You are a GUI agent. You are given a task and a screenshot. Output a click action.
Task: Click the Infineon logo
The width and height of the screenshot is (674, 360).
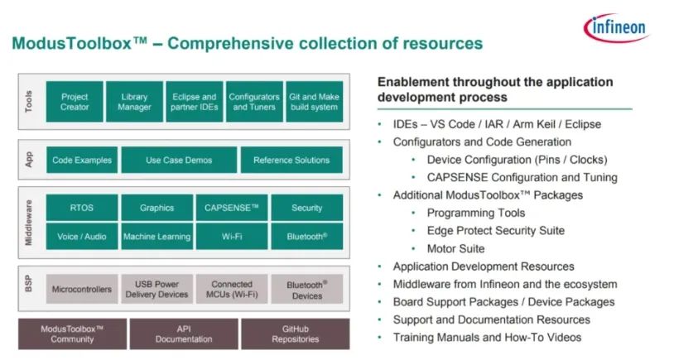coord(616,27)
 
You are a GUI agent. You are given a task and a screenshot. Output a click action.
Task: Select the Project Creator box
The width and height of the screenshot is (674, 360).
coord(75,102)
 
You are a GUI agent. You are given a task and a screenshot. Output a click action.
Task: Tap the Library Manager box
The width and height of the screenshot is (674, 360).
coord(134,102)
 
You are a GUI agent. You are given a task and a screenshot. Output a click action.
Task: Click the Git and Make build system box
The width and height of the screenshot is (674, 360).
coord(314,102)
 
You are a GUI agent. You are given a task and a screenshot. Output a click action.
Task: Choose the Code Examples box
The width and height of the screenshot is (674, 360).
coord(82,160)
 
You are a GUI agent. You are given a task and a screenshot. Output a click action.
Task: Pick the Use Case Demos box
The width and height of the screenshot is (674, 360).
coord(179,160)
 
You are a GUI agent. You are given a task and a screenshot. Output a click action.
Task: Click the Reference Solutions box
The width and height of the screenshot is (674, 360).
coord(291,160)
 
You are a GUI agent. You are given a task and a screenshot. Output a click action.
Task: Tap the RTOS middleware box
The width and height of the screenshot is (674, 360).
coord(82,208)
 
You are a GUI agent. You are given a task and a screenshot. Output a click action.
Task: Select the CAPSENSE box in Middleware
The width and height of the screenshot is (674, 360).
coord(232,208)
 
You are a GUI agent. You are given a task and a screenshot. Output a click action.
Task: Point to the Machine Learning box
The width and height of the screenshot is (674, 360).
coord(156,237)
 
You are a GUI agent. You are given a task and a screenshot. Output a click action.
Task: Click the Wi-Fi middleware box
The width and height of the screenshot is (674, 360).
coord(232,237)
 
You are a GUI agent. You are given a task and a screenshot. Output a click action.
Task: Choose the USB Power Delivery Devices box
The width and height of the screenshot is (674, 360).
coord(156,289)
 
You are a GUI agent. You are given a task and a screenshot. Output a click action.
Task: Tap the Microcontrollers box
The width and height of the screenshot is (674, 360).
coord(82,289)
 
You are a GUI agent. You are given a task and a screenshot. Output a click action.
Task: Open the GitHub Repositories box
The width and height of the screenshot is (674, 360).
coord(296,334)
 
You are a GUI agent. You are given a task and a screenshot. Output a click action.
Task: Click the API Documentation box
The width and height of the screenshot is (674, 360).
coord(184,334)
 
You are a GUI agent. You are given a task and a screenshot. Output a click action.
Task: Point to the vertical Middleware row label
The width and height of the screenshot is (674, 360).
coord(28,223)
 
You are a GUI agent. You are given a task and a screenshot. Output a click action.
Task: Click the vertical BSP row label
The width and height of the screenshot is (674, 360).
coord(28,284)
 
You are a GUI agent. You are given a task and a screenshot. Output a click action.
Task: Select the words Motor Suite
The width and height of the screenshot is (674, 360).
coord(455,249)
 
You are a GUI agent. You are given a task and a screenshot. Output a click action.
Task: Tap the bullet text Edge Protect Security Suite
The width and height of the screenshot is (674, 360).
coord(496,231)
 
